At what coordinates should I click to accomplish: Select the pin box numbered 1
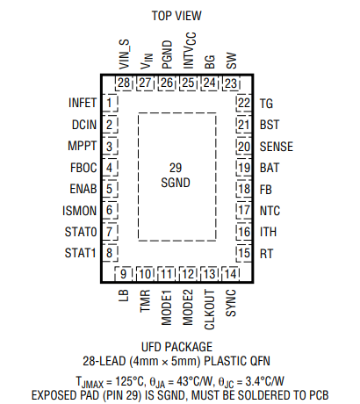[x=110, y=103]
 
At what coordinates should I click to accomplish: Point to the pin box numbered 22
[x=243, y=103]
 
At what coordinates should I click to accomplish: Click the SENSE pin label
[x=276, y=146]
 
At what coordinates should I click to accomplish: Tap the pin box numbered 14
[x=230, y=273]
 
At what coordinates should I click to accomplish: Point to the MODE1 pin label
[x=167, y=304]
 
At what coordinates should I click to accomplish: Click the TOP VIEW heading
[x=176, y=16]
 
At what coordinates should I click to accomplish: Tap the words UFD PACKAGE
[x=176, y=347]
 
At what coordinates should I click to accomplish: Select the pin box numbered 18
[x=243, y=189]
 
